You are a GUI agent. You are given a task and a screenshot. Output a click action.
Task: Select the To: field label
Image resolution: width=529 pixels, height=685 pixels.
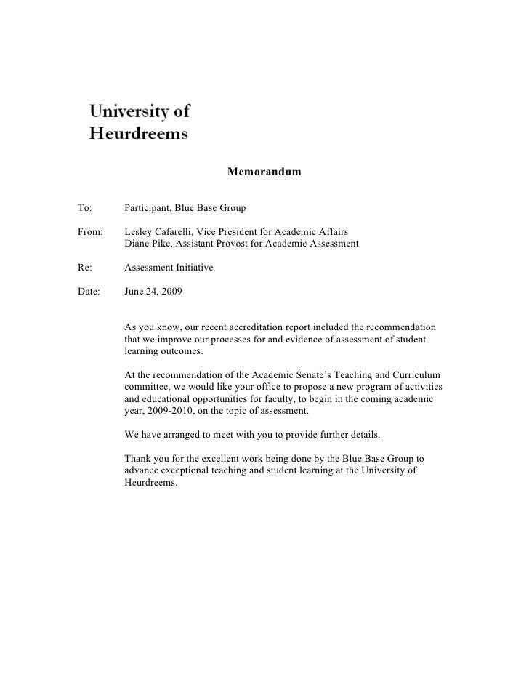point(84,209)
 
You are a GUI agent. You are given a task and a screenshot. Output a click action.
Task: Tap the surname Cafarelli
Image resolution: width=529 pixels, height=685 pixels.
point(178,232)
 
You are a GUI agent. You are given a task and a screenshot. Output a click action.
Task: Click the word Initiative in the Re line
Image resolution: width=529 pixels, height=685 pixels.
point(192,268)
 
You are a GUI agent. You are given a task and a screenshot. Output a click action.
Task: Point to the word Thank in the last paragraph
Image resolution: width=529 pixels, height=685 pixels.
point(138,459)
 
